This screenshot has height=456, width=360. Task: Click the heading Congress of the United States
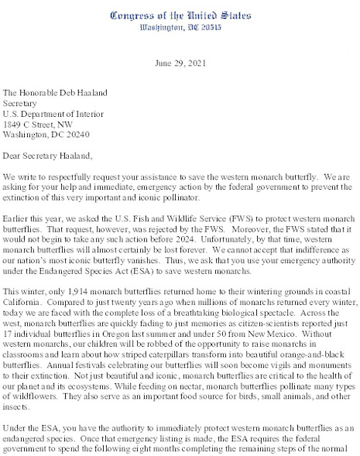point(180,15)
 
